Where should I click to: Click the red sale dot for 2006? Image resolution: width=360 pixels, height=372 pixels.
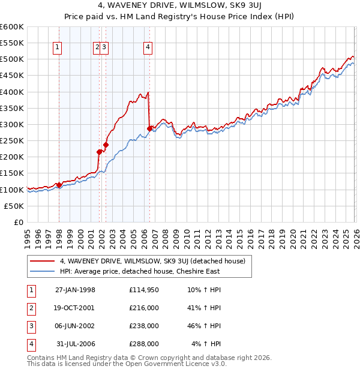pos(149,128)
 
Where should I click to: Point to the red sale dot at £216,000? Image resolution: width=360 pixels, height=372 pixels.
pos(99,152)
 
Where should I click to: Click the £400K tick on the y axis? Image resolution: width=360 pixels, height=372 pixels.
pos(12,92)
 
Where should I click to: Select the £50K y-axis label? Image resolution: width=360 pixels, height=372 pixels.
pos(14,206)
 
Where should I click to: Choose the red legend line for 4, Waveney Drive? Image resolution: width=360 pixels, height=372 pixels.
pos(43,261)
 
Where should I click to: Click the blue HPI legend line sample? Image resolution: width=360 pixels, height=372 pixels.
pos(43,271)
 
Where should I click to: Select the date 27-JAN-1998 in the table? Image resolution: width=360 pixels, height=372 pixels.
pos(75,290)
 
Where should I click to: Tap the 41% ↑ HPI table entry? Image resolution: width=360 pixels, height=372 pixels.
pos(204,308)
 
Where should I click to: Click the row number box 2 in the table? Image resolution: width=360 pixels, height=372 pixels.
pos(31,308)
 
